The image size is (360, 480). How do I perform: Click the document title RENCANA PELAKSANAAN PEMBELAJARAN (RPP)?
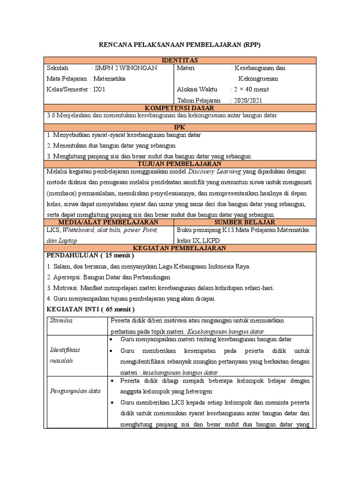click(x=180, y=45)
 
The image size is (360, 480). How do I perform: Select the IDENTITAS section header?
click(x=180, y=60)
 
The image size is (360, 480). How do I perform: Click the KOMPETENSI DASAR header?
click(x=180, y=108)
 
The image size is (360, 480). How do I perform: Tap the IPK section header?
click(x=180, y=127)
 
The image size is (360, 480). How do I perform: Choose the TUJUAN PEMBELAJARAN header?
click(x=180, y=164)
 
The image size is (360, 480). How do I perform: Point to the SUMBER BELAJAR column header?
click(x=245, y=222)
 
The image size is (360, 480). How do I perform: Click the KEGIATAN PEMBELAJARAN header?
click(x=180, y=247)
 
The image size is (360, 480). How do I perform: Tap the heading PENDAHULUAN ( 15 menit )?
click(x=90, y=255)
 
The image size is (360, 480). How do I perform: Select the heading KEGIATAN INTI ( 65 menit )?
click(x=91, y=309)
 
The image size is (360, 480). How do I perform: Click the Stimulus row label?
click(x=61, y=321)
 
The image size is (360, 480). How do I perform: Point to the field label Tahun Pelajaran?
click(x=199, y=100)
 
